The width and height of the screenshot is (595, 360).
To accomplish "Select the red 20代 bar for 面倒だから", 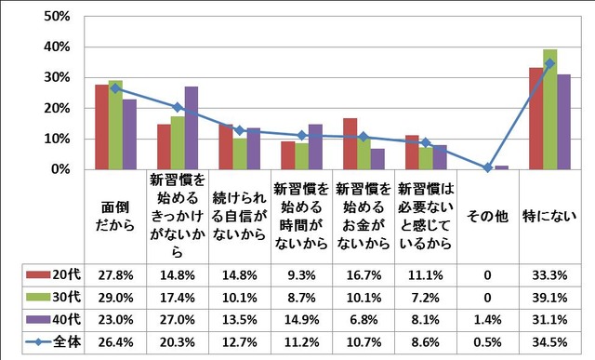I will pos(101,127).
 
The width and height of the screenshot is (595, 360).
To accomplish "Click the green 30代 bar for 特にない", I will pos(549,109).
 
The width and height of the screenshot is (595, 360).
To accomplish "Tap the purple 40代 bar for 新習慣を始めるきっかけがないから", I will pos(192,127).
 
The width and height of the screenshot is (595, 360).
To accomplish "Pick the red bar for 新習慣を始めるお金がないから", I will pos(350,143).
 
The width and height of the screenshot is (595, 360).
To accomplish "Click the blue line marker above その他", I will pos(487,167).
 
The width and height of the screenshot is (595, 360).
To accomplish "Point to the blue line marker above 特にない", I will pos(549,63).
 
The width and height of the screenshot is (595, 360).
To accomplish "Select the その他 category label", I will pos(487,217).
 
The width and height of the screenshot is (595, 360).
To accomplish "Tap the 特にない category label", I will pos(549,217).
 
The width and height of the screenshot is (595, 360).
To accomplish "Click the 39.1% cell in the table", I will pos(549,297).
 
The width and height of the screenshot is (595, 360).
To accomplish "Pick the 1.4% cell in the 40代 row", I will pos(487,319).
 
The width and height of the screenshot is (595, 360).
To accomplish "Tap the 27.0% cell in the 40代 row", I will pos(177,319).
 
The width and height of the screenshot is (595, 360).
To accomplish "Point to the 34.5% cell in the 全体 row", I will pos(549,341).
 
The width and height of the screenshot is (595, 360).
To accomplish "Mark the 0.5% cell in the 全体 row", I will pos(487,341).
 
